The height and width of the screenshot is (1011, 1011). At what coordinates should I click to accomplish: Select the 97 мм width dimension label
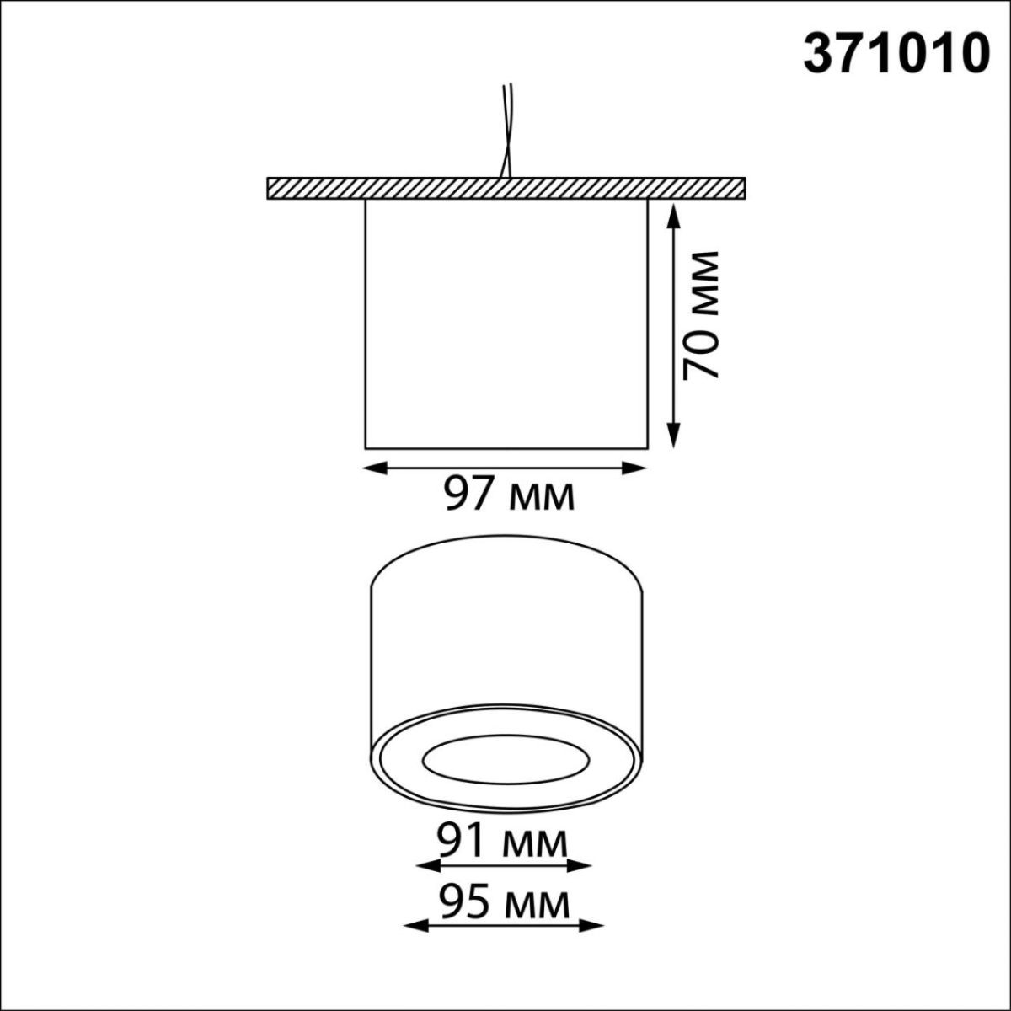tap(509, 494)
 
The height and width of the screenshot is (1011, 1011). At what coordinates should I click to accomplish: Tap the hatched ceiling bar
tap(505, 188)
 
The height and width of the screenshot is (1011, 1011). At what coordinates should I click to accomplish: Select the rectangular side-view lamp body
tap(505, 324)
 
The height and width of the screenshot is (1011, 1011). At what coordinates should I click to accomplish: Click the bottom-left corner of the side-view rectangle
tap(366, 447)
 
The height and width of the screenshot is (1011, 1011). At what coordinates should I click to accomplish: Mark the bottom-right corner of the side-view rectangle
tap(647, 447)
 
